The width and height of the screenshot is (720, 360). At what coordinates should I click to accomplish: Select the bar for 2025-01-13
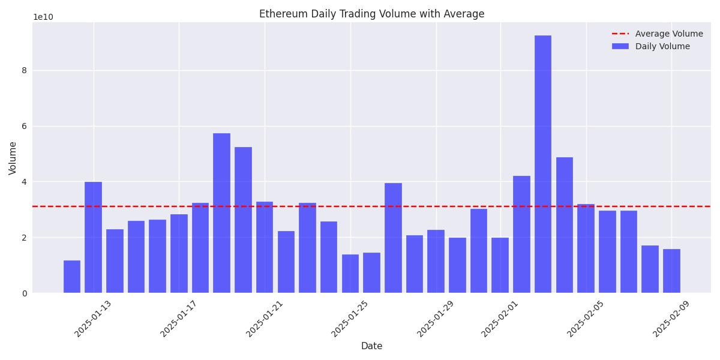click(93, 237)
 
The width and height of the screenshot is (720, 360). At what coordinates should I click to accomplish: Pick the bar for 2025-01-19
click(221, 213)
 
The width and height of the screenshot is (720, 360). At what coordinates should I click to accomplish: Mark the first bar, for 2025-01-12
click(72, 277)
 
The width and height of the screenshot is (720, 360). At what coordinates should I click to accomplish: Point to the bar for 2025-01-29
click(436, 262)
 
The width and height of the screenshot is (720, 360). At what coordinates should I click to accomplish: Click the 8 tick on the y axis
click(24, 70)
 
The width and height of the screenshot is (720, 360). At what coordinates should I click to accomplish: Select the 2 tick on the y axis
click(24, 238)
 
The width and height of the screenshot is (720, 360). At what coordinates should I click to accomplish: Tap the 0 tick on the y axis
click(24, 293)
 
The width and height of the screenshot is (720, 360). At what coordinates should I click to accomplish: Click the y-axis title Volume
click(13, 158)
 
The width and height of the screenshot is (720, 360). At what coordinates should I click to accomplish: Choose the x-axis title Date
click(371, 346)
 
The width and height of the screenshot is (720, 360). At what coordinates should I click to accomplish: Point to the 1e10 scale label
click(43, 17)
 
